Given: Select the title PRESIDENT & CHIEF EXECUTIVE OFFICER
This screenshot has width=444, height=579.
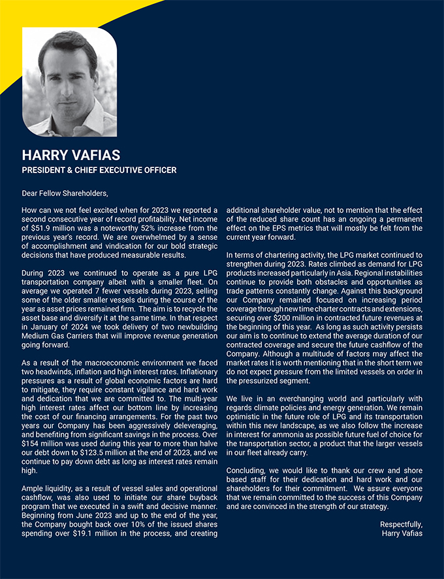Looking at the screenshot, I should point(99,170).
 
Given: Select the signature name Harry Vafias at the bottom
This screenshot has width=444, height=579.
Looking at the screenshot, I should point(402,533).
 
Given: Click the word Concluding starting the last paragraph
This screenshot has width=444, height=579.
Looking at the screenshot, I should point(247,471).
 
